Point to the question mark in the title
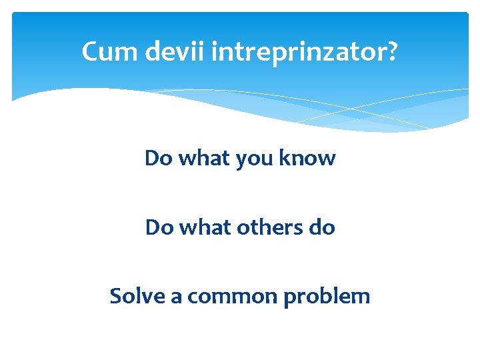393,51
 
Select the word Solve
137,295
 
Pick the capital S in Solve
116,295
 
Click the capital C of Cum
89,51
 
